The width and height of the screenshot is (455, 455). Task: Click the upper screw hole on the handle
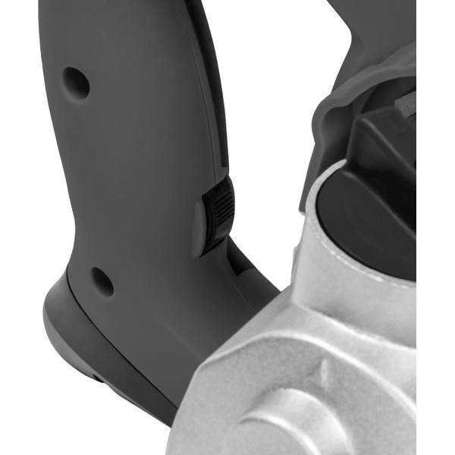tap(76, 81)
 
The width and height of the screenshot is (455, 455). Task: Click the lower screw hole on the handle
tap(102, 281)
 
